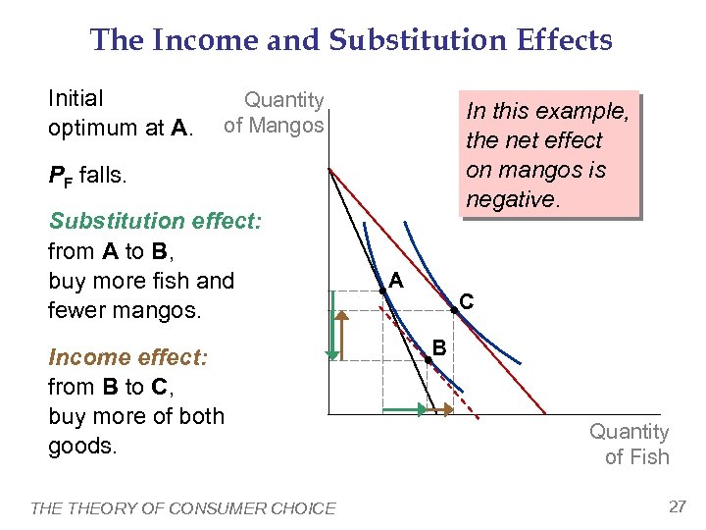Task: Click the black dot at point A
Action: point(381,291)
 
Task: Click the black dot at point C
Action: point(453,311)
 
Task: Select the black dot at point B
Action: point(428,360)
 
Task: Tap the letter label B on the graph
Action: point(440,346)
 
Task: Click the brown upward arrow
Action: point(345,334)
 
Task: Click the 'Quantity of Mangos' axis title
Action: point(275,113)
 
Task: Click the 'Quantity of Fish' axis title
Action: point(630,445)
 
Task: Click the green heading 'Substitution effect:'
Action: point(155,220)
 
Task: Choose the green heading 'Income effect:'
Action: point(128,357)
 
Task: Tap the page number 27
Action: point(677,506)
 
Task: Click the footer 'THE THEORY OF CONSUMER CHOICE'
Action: point(183,507)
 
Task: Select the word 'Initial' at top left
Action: point(76,98)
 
